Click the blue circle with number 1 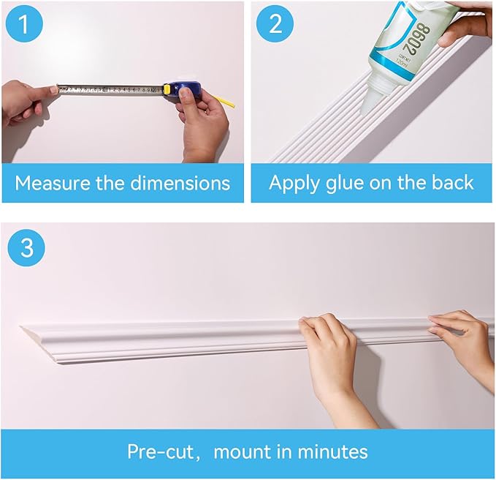click(x=25, y=26)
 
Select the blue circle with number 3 click(x=26, y=247)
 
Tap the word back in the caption click(x=450, y=183)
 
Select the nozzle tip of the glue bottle click(x=369, y=108)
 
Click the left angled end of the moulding click(x=33, y=339)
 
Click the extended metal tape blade click(x=110, y=90)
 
